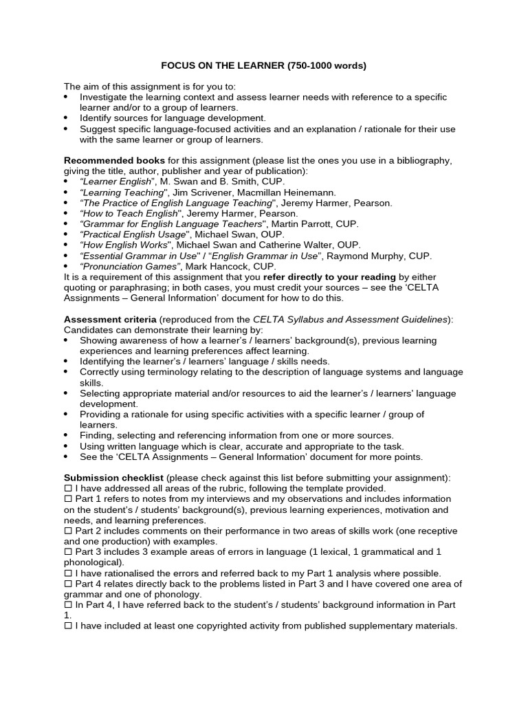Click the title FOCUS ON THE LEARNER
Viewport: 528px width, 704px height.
(218, 66)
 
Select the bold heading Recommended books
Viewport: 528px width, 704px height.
(114, 160)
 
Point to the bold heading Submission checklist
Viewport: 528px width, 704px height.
(113, 477)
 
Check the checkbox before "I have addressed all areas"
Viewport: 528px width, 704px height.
(68, 488)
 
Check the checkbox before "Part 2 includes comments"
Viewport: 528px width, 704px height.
(68, 531)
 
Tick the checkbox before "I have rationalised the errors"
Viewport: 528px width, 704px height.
(68, 573)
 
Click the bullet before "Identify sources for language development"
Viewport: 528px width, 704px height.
(66, 118)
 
